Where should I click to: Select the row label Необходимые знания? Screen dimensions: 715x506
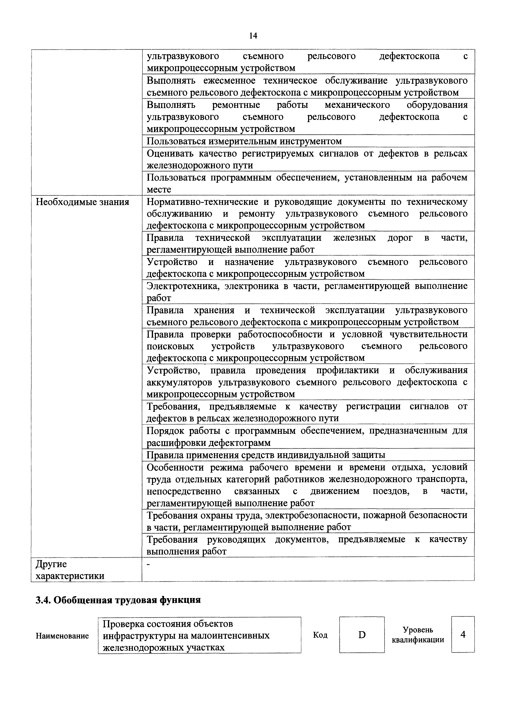pyautogui.click(x=82, y=202)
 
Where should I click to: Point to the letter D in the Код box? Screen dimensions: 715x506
pyautogui.click(x=362, y=635)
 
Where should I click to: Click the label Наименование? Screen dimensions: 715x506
pyautogui.click(x=62, y=636)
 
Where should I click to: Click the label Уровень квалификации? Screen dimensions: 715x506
pyautogui.click(x=418, y=635)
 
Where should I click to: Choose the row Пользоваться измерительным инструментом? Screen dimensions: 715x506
pyautogui.click(x=244, y=141)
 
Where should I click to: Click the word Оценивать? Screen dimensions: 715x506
pyautogui.click(x=170, y=154)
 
